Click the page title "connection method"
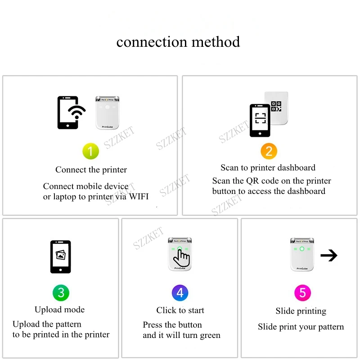[178, 42]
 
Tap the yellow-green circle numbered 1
[90, 151]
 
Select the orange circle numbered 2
[269, 151]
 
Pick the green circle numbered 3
[61, 293]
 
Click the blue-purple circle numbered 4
[180, 293]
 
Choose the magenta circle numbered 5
[302, 293]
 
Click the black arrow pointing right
[329, 256]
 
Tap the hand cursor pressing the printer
[182, 258]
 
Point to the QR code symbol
[276, 106]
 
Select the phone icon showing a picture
[60, 256]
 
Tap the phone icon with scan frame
[260, 120]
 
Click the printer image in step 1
[107, 112]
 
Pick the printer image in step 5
[302, 254]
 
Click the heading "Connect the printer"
[91, 170]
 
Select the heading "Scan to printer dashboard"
[268, 168]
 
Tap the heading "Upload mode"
[59, 310]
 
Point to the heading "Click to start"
[180, 310]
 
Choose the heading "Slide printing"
[301, 311]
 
